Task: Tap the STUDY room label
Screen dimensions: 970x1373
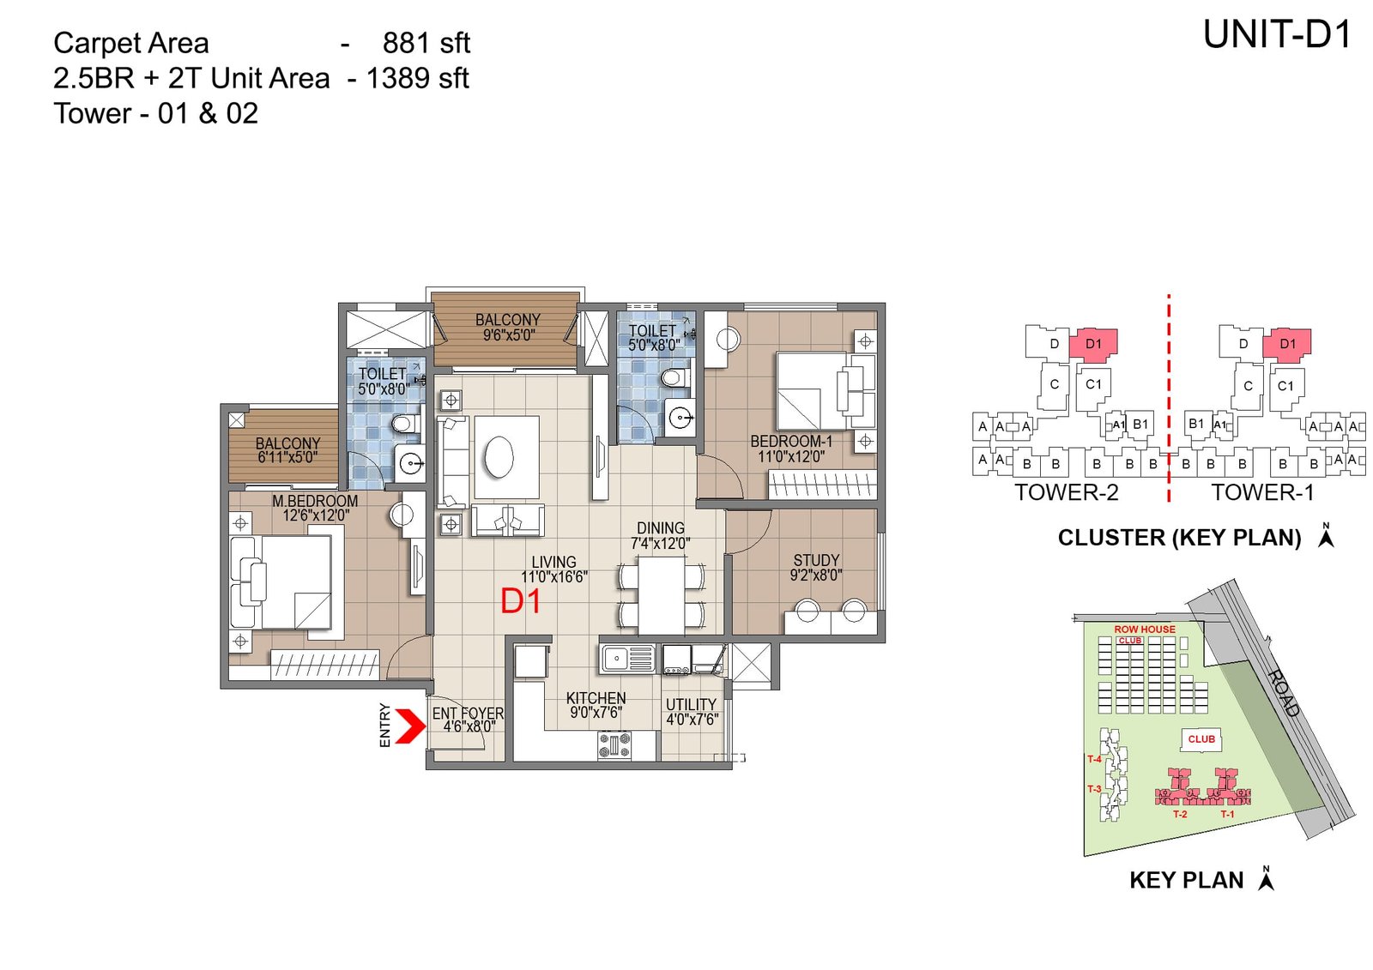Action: pos(816,560)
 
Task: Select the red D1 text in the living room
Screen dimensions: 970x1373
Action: pos(521,602)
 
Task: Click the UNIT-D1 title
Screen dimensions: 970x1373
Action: pos(1277,35)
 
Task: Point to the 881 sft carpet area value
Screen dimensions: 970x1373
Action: pos(426,43)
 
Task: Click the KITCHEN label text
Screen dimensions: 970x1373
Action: pos(596,698)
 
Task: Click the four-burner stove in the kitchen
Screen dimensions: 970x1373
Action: pos(614,744)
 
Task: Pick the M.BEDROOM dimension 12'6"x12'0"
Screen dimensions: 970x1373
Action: pos(316,515)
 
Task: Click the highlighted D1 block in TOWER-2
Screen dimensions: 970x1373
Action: pos(1094,343)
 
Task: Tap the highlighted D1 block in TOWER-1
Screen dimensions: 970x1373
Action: pos(1287,343)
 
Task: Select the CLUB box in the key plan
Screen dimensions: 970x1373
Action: pos(1201,738)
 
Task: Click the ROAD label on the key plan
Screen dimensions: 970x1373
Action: pos(1284,692)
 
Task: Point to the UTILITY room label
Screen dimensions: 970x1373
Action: pos(691,704)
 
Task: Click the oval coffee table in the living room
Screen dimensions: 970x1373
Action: pos(499,455)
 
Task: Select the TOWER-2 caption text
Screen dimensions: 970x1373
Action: pos(1066,492)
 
